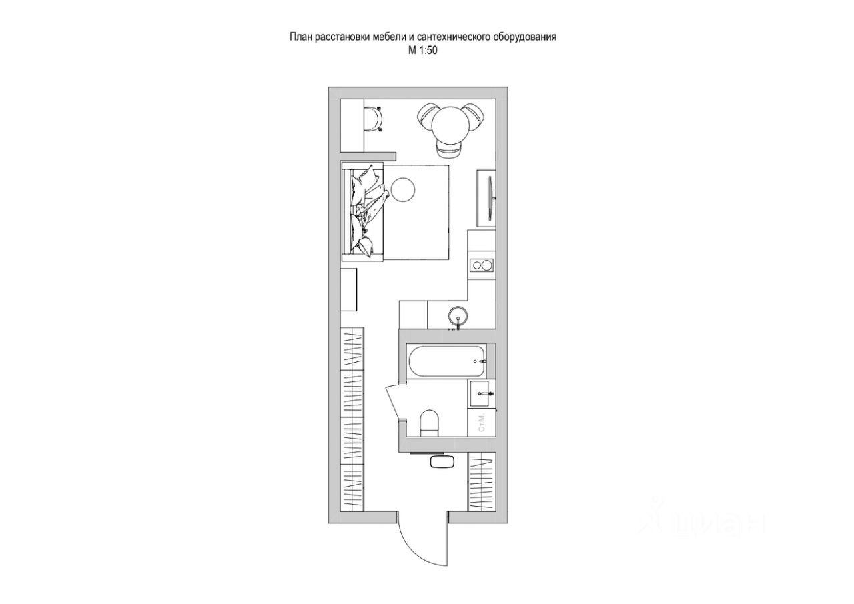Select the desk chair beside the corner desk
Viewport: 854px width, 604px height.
click(374, 119)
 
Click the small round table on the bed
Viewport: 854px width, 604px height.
click(403, 189)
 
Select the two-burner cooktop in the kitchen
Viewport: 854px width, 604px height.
click(481, 265)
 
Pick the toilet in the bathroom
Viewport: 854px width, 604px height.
click(429, 423)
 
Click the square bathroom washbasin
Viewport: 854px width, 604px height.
click(482, 394)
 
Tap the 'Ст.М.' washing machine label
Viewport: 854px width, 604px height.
click(482, 422)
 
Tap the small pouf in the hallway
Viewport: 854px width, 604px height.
click(441, 462)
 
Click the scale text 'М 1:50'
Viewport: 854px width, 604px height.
click(422, 49)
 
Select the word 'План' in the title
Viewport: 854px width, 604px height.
click(300, 37)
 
